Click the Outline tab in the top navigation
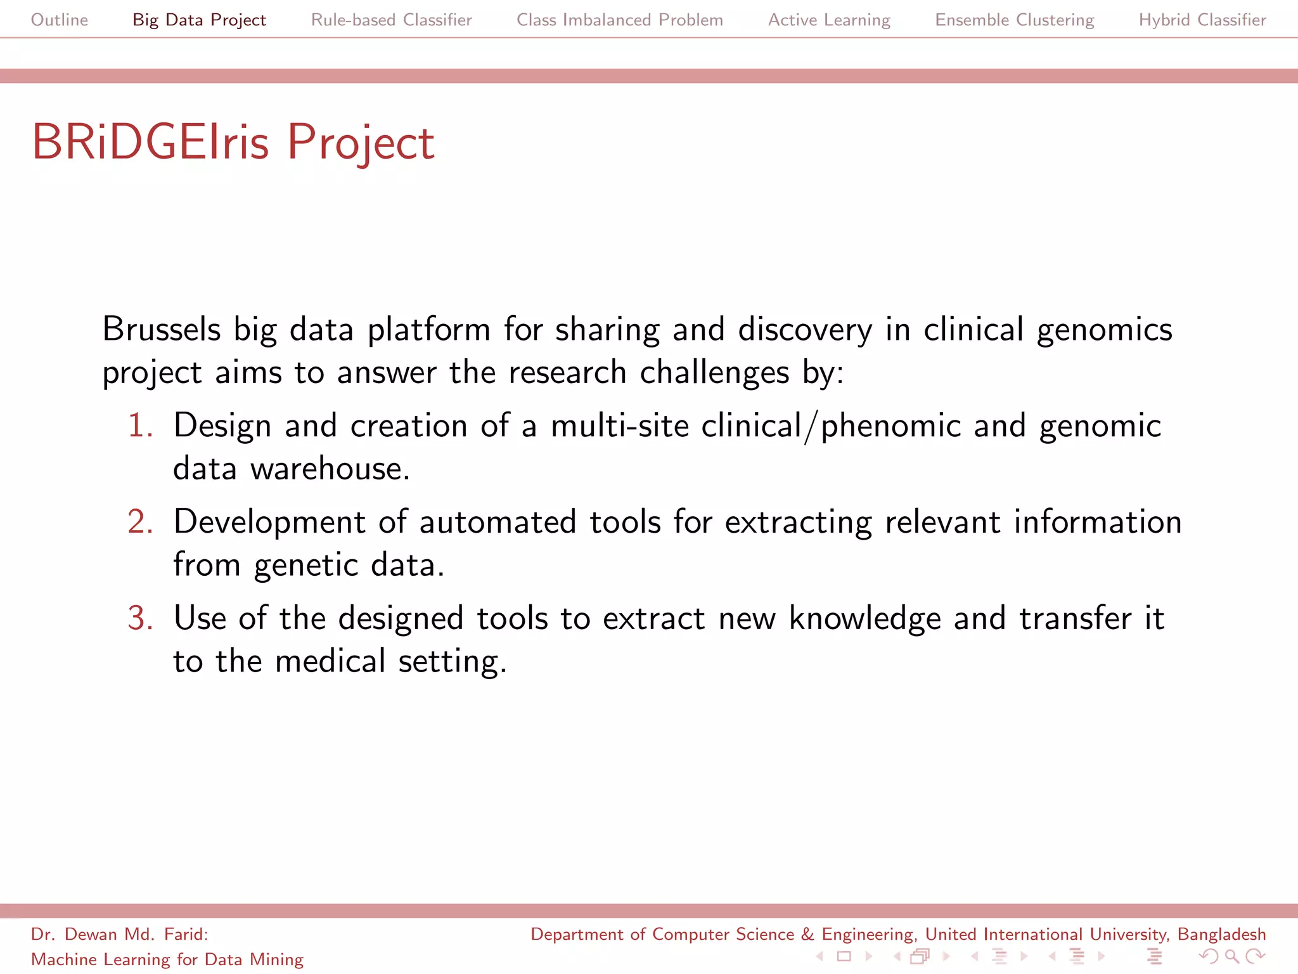(x=60, y=20)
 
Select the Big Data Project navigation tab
(x=199, y=20)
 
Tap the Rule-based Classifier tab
(x=391, y=20)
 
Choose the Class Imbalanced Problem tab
(x=619, y=20)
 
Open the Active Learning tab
(x=829, y=20)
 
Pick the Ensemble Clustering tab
(x=1014, y=20)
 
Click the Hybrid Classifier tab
(x=1202, y=20)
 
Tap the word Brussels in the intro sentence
(x=162, y=329)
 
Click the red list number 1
(x=140, y=425)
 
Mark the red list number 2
(x=140, y=521)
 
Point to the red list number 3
(x=140, y=618)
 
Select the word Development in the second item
(x=269, y=523)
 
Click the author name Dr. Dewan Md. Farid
(x=119, y=934)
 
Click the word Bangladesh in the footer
(x=1221, y=934)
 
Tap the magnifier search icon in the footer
(x=1231, y=956)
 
